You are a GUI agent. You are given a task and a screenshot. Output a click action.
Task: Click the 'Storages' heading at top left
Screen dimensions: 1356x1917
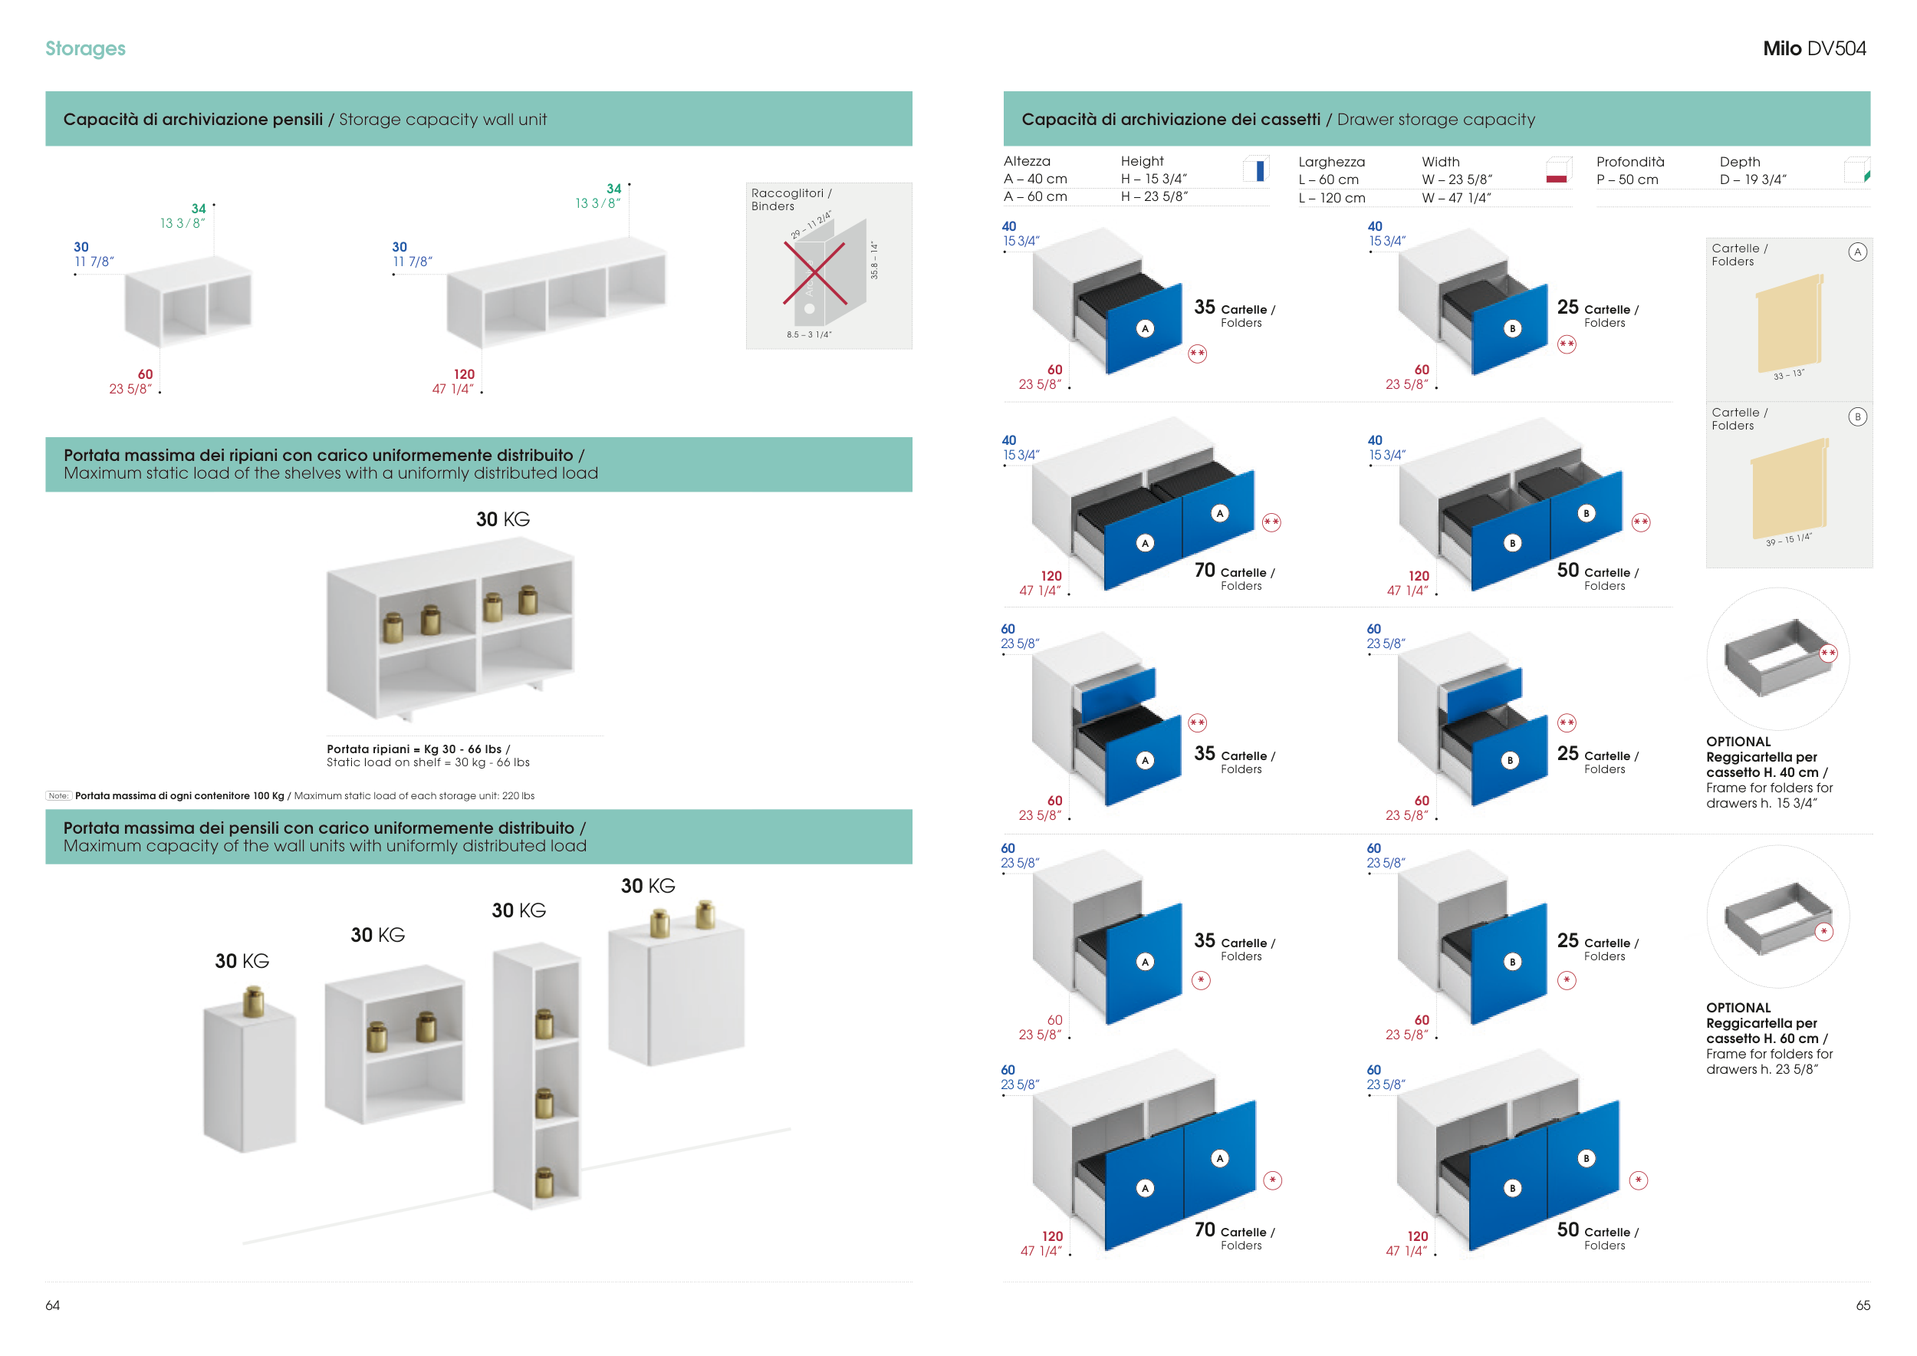coord(85,48)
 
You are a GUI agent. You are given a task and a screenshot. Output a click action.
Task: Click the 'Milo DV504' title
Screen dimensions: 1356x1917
coord(1813,48)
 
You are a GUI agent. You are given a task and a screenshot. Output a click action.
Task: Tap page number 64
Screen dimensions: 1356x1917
coord(53,1305)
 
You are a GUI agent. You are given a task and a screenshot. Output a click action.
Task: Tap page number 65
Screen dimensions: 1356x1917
coord(1863,1305)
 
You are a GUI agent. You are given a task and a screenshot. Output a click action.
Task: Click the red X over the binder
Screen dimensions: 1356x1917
coord(815,273)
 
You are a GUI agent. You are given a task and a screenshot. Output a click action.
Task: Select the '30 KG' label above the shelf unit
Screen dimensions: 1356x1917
coord(502,519)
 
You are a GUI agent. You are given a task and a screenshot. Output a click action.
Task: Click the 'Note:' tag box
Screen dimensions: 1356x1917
coord(58,796)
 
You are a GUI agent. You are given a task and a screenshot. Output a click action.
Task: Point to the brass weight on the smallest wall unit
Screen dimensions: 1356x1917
coord(253,1001)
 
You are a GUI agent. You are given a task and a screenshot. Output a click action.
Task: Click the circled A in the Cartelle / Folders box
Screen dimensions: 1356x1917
coord(1857,252)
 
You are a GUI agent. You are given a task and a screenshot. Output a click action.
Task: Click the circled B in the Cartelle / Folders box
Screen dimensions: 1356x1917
coord(1857,416)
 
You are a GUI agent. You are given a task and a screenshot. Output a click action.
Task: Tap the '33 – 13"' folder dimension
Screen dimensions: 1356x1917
coord(1788,375)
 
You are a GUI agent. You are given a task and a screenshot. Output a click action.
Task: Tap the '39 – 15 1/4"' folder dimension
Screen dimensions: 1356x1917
coord(1787,539)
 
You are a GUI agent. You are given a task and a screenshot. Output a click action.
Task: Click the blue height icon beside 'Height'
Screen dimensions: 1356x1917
coord(1257,169)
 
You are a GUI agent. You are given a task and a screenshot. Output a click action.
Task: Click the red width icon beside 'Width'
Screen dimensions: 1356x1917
coord(1558,170)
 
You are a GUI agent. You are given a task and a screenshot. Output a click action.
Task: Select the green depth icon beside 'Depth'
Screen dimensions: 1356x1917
coord(1858,170)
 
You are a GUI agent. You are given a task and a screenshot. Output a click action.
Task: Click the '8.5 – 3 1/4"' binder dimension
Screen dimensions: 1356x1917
coord(808,335)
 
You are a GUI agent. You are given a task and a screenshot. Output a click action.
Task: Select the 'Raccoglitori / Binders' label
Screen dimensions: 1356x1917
coord(790,199)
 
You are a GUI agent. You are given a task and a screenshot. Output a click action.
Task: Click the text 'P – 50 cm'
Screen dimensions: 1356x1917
coord(1626,179)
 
